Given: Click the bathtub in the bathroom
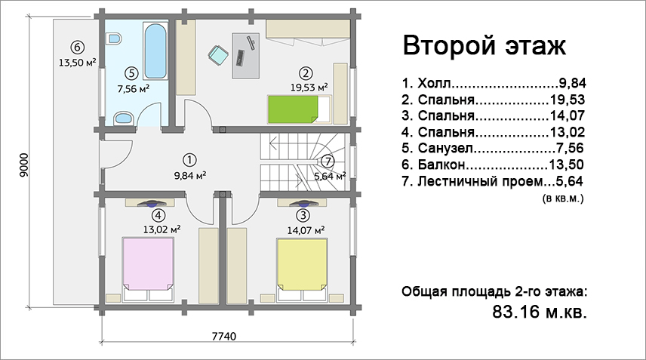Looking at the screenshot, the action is tap(155, 51).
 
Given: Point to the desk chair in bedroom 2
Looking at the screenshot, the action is tap(218, 55).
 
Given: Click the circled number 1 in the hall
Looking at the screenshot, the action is tap(189, 160).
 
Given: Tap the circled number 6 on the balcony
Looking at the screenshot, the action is tap(77, 47).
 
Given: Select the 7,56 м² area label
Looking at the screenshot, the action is tap(133, 88).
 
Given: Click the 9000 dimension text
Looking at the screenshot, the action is tap(24, 165).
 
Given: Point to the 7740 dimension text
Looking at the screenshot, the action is tap(224, 337).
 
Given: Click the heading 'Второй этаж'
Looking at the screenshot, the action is tap(484, 45).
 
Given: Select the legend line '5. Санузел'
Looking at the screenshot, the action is tap(493, 148).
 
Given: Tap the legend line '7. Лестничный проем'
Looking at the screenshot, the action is tap(492, 181).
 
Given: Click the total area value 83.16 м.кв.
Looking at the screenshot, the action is tap(540, 312).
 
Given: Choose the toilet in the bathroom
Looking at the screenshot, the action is tap(114, 39).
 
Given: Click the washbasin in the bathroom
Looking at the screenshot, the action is tap(123, 118).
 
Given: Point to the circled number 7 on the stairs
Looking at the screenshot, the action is tap(328, 161).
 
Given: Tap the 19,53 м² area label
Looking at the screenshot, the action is tap(309, 88).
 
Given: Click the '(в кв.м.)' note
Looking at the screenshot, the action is tap(563, 198).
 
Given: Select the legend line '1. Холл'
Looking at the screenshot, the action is tap(494, 83).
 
